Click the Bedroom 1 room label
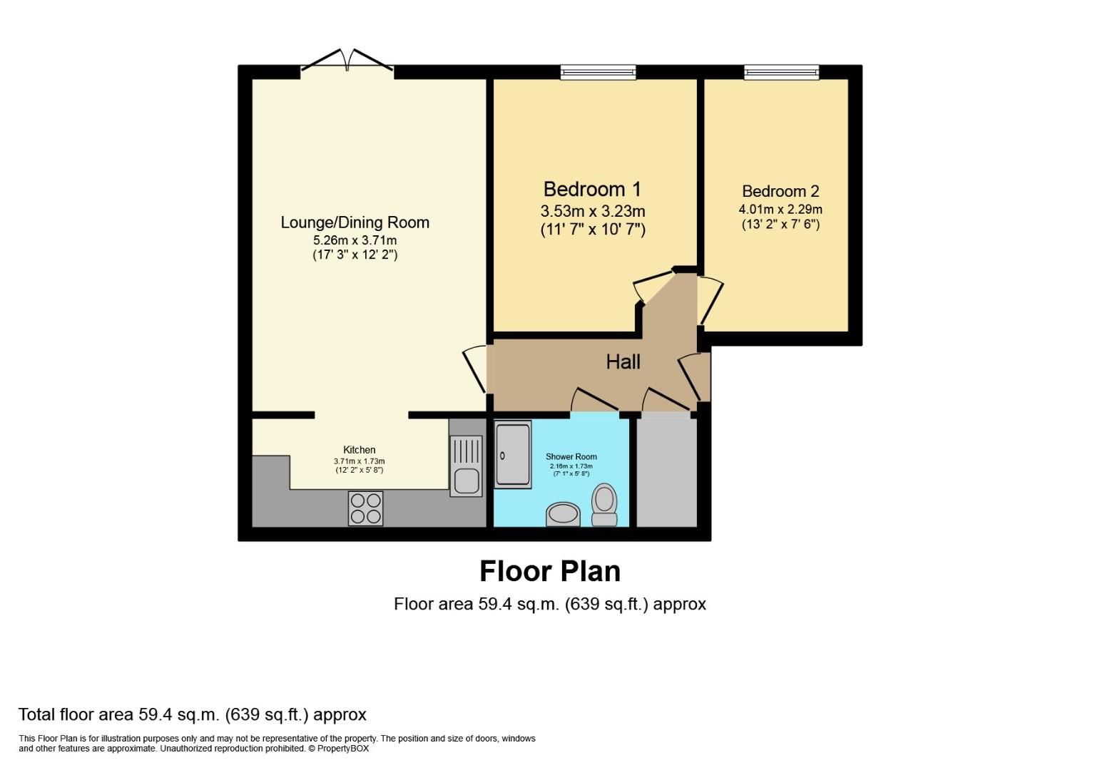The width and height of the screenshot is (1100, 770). (x=591, y=189)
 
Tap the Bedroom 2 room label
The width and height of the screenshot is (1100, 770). (x=780, y=191)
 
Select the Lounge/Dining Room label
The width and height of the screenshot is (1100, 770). (x=355, y=222)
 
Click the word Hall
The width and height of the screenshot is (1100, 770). (x=623, y=362)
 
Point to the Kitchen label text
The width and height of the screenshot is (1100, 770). (x=359, y=450)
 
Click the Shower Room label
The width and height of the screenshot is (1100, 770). (x=571, y=456)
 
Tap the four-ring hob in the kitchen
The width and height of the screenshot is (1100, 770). (x=365, y=508)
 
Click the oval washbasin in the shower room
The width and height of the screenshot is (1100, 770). (x=564, y=514)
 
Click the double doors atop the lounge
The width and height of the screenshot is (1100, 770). (x=347, y=62)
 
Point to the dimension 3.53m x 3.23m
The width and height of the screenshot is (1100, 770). (x=592, y=211)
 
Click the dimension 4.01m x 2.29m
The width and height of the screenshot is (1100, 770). (x=780, y=210)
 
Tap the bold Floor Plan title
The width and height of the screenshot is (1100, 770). (x=549, y=571)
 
